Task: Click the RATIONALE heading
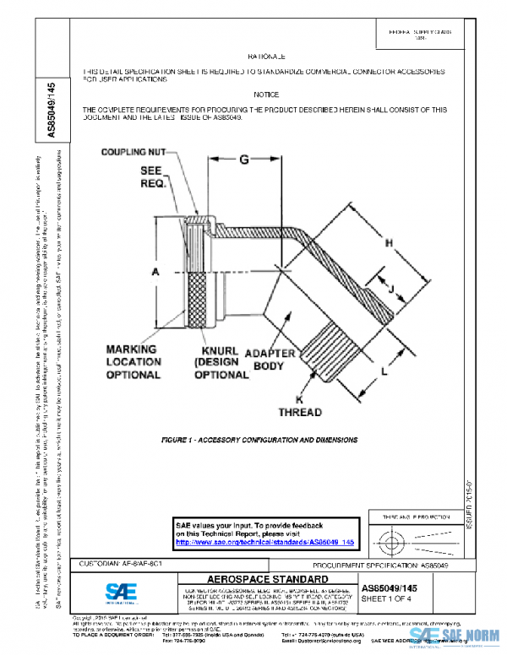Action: click(x=265, y=55)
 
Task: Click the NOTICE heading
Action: click(x=265, y=95)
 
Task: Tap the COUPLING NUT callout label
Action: click(x=134, y=153)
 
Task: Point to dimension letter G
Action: click(x=243, y=159)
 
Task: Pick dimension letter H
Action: click(x=390, y=244)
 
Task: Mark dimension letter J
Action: click(x=390, y=289)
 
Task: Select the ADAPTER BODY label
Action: click(x=270, y=360)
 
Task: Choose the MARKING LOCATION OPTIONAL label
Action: click(x=134, y=361)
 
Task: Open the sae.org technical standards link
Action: click(x=264, y=542)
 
